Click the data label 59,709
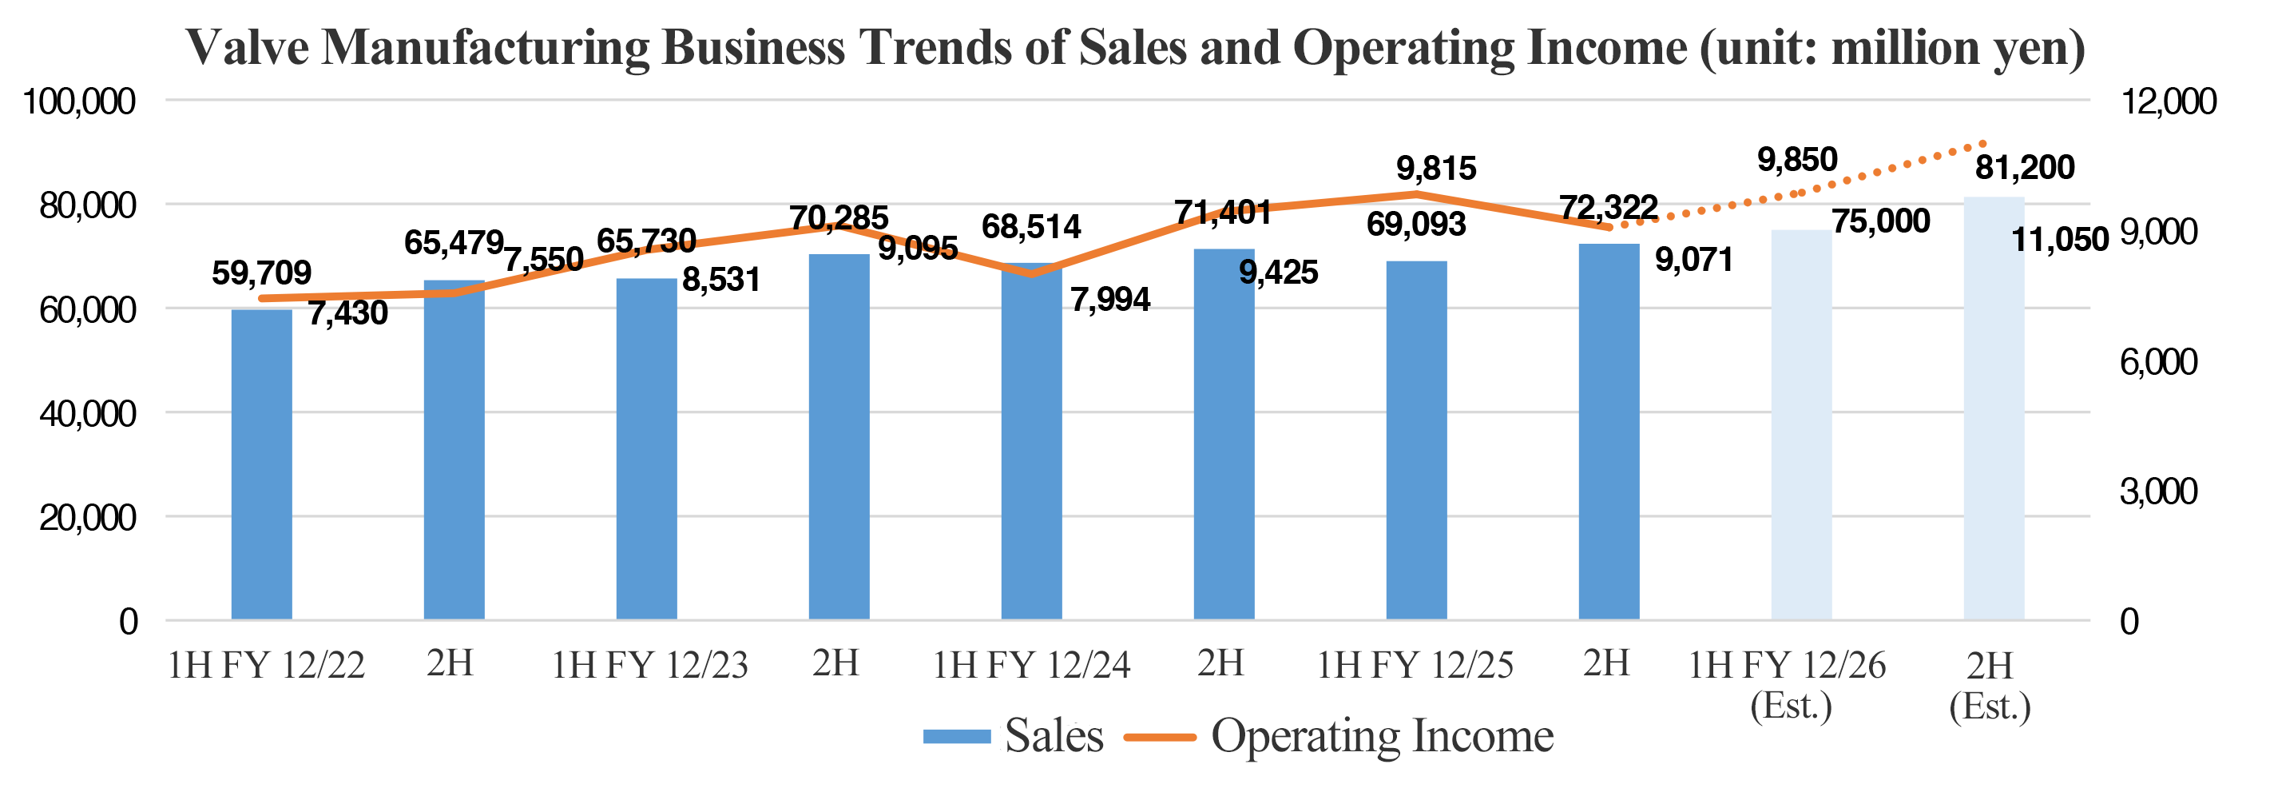click(262, 273)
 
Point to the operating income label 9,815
click(1435, 169)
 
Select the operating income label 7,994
click(1110, 300)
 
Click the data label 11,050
click(2059, 239)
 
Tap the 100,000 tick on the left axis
click(79, 101)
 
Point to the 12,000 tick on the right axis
click(2167, 101)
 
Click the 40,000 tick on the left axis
click(88, 413)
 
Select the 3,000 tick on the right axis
click(2158, 491)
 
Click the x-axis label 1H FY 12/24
click(1031, 666)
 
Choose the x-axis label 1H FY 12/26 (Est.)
click(1788, 684)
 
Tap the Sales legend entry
click(1014, 736)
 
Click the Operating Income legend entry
click(1339, 736)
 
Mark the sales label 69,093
click(1416, 225)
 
